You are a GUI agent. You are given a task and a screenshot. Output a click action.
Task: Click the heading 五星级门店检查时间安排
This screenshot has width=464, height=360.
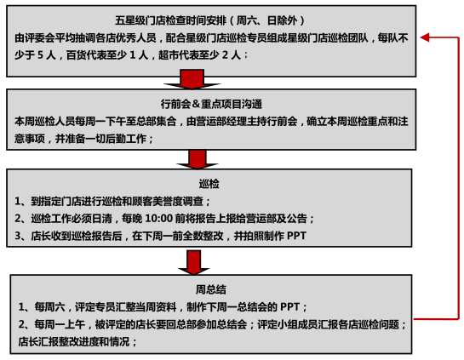pyautogui.click(x=171, y=20)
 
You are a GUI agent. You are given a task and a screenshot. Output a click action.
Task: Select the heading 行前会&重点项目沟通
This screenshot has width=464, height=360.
pyautogui.click(x=212, y=104)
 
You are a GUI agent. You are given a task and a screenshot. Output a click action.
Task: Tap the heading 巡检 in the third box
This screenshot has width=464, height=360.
pyautogui.click(x=209, y=184)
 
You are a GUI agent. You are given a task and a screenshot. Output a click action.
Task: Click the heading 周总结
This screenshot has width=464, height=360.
pyautogui.click(x=210, y=289)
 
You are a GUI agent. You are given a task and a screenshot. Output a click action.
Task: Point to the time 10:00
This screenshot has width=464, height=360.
pyautogui.click(x=159, y=219)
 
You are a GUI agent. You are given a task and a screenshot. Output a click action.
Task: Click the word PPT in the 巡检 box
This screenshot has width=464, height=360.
pyautogui.click(x=296, y=236)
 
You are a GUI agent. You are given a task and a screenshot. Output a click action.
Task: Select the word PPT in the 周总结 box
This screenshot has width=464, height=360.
pyautogui.click(x=290, y=307)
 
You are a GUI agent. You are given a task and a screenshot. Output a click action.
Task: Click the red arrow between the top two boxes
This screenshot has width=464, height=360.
pyautogui.click(x=192, y=79)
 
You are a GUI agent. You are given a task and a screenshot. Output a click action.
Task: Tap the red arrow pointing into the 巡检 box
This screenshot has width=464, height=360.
pyautogui.click(x=198, y=159)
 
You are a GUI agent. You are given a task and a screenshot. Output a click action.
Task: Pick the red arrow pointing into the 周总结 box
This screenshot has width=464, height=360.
pyautogui.click(x=194, y=262)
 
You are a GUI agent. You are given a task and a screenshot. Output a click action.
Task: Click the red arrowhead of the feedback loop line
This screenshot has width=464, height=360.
pyautogui.click(x=425, y=37)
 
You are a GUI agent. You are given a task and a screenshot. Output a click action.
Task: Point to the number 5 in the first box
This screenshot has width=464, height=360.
pyautogui.click(x=40, y=55)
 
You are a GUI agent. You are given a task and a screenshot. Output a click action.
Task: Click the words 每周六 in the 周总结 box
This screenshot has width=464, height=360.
pyautogui.click(x=49, y=307)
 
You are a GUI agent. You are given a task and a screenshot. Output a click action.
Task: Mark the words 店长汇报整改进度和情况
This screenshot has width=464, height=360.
pyautogui.click(x=74, y=341)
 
